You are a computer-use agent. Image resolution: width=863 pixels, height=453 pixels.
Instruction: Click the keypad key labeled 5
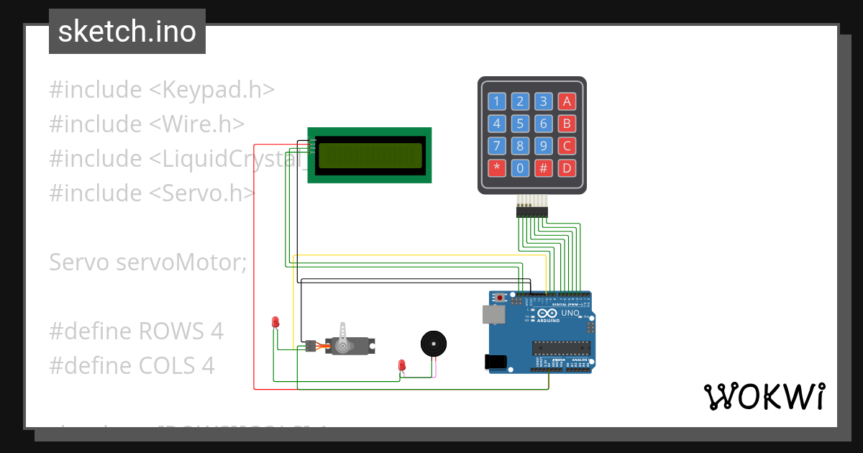point(521,124)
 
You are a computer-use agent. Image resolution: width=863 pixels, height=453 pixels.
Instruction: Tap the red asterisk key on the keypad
point(497,169)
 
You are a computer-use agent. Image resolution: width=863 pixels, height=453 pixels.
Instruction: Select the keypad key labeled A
point(567,101)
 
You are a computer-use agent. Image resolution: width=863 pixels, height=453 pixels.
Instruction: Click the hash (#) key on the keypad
point(544,169)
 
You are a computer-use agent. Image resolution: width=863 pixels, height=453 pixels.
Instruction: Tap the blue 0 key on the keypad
point(521,169)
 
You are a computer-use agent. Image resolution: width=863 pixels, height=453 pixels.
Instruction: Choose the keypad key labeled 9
point(544,146)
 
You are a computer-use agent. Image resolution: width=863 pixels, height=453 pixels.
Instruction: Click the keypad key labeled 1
point(497,101)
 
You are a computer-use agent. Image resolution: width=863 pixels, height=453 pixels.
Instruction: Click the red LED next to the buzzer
point(402,365)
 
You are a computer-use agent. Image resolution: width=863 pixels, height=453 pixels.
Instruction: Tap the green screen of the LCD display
point(370,155)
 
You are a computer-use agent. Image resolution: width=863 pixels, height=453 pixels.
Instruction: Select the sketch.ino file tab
point(127,32)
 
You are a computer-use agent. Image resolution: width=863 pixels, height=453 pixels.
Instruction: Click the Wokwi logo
point(764,396)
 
